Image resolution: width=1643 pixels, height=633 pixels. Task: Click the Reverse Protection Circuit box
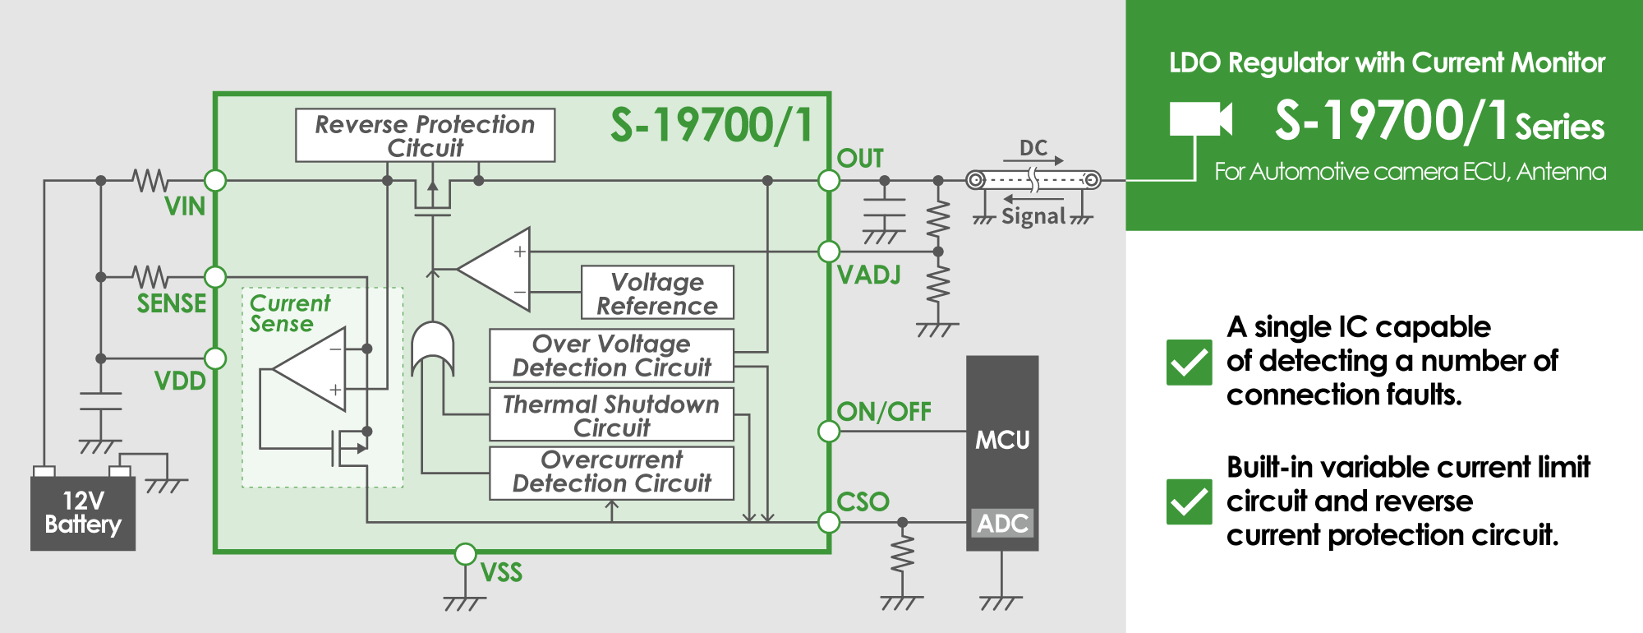(x=426, y=136)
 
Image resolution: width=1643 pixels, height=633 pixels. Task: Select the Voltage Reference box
(x=657, y=293)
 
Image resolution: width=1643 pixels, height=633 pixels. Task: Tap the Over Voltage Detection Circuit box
(x=612, y=355)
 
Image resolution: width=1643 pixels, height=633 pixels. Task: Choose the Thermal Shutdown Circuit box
(x=612, y=415)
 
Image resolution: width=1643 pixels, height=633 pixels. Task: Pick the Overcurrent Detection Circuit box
(x=612, y=473)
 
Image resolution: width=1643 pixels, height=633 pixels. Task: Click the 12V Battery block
(x=83, y=513)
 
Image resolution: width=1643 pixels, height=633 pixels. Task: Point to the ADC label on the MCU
(x=1002, y=523)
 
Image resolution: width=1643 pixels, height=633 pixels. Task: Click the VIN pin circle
(x=215, y=180)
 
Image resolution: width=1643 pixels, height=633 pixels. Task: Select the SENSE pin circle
(x=215, y=277)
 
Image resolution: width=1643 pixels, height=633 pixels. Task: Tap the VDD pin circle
(x=215, y=358)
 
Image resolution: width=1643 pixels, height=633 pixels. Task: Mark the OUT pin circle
(x=829, y=180)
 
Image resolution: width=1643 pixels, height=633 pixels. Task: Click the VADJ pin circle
(x=829, y=252)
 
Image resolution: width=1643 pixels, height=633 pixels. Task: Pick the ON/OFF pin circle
(x=829, y=431)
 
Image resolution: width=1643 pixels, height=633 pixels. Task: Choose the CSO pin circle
(x=829, y=522)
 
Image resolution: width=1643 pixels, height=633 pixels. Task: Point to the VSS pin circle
(x=465, y=554)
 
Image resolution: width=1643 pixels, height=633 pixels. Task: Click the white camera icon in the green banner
(x=1201, y=119)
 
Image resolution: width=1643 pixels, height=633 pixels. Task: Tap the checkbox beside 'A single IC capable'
(x=1189, y=362)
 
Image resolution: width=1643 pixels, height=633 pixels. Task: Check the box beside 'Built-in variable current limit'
(x=1189, y=501)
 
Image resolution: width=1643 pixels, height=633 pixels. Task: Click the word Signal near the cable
(x=1033, y=216)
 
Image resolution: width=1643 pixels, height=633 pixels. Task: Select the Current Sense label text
(x=290, y=313)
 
